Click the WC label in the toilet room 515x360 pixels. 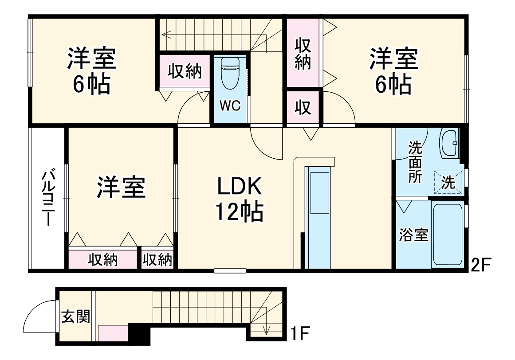(230, 106)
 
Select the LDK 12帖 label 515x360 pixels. (240, 200)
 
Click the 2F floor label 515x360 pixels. (480, 265)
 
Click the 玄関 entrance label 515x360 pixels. (76, 317)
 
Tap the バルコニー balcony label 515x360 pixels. (48, 197)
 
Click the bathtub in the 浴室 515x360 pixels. (447, 235)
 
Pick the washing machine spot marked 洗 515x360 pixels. (448, 182)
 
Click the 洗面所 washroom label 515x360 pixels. (415, 162)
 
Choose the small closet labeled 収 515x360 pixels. (303, 108)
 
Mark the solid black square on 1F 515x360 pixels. (139, 333)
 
